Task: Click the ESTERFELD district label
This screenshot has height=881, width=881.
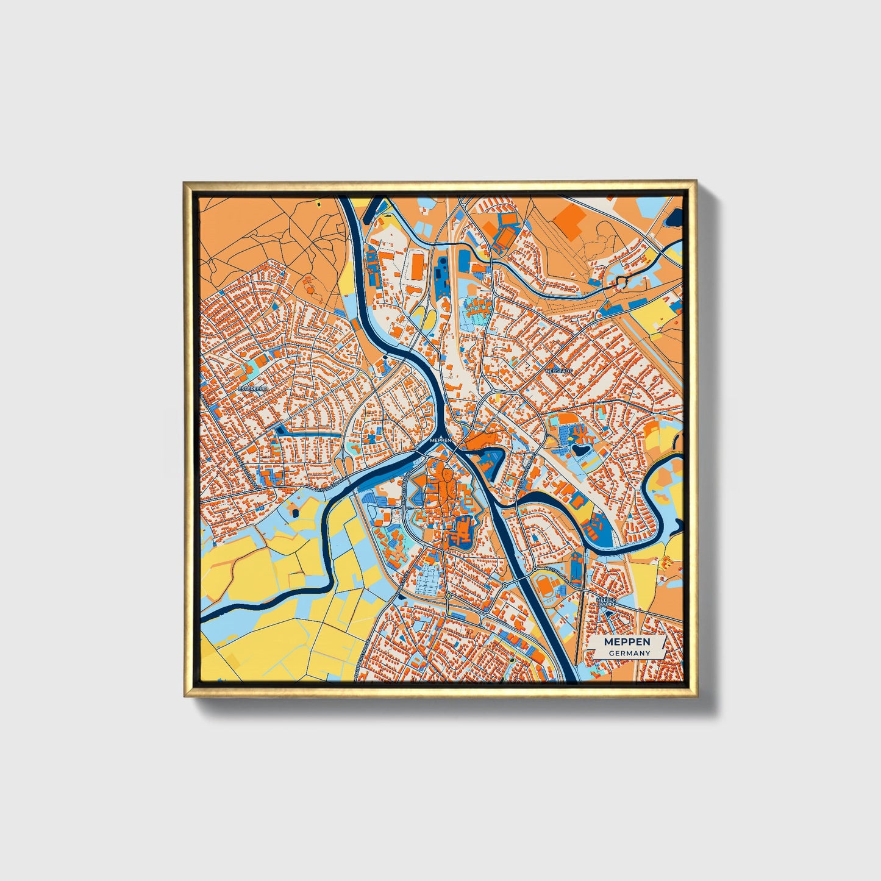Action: (252, 388)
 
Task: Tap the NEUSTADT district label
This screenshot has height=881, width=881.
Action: (559, 371)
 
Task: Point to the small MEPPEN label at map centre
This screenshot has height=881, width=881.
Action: (440, 440)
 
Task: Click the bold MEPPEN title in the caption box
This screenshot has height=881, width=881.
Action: (627, 642)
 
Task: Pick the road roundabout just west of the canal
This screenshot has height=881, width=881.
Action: (505, 585)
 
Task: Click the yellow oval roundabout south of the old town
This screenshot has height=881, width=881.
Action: (448, 595)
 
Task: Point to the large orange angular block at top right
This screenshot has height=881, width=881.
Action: (568, 218)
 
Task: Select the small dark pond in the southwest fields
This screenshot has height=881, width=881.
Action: (399, 597)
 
